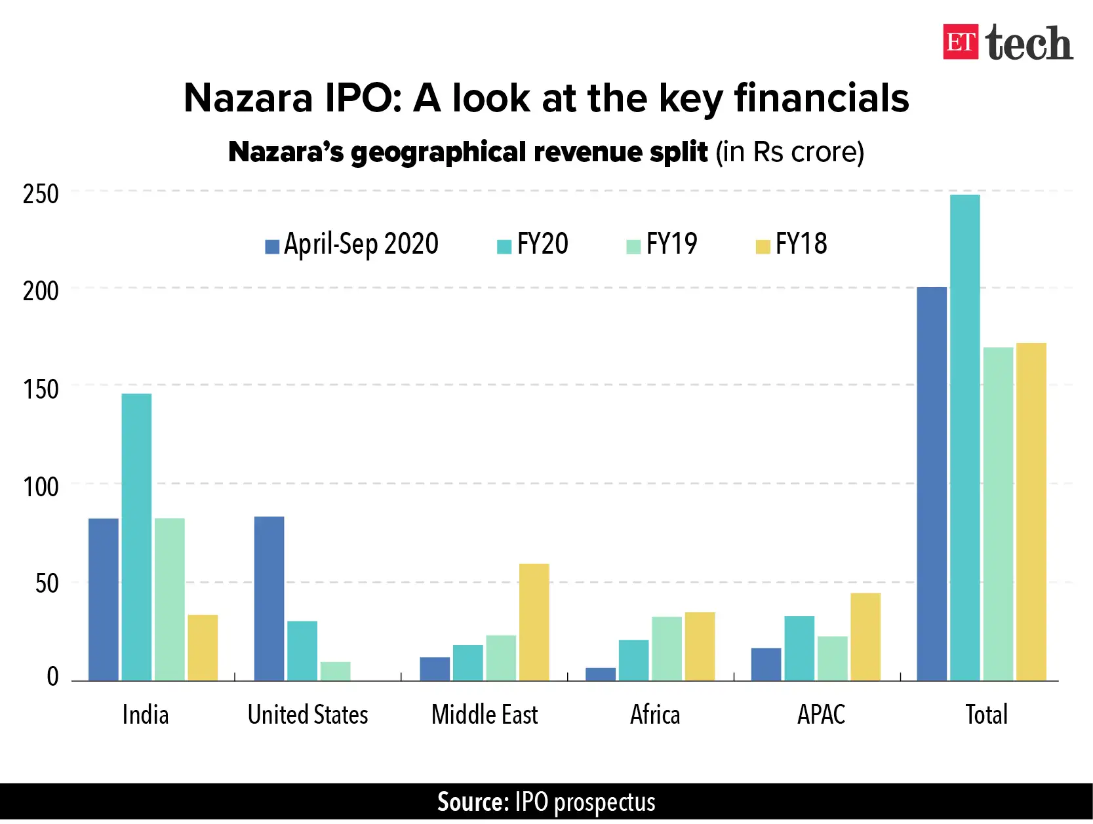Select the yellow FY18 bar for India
coord(203,647)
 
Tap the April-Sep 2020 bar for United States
coord(269,598)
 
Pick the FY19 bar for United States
coord(335,671)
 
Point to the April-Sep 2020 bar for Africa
coord(600,674)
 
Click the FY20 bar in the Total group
coord(964,437)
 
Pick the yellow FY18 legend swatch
coord(762,247)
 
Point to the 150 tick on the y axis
coord(41,389)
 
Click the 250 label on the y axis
coord(41,195)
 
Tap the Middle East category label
coord(485,715)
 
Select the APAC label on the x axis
coord(821,715)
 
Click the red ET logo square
coord(960,42)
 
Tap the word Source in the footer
coord(472,802)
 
